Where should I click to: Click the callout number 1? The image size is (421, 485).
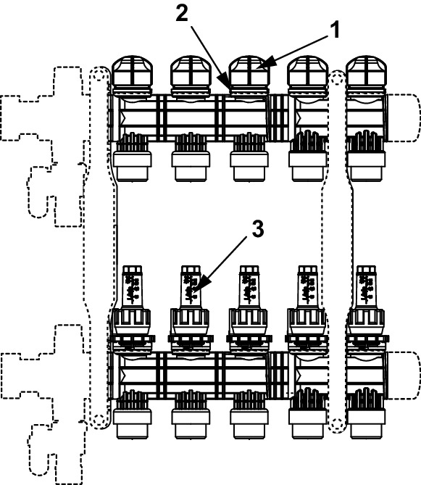[334, 30]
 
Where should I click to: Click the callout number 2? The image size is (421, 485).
[182, 14]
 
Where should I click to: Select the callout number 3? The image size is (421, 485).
[258, 229]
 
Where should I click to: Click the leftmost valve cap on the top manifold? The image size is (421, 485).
[133, 75]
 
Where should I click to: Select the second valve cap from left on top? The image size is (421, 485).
[191, 75]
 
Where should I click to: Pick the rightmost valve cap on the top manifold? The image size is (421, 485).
[366, 75]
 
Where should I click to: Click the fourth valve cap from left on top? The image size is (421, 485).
[308, 75]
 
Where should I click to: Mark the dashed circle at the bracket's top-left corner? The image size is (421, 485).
[99, 75]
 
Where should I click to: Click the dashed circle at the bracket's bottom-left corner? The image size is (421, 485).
[99, 421]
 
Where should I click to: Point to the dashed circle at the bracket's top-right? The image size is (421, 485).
[337, 78]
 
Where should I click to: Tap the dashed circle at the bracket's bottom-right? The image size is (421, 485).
[337, 425]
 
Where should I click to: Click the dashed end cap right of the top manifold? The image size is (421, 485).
[404, 118]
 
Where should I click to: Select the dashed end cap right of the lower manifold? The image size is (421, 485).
[404, 376]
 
